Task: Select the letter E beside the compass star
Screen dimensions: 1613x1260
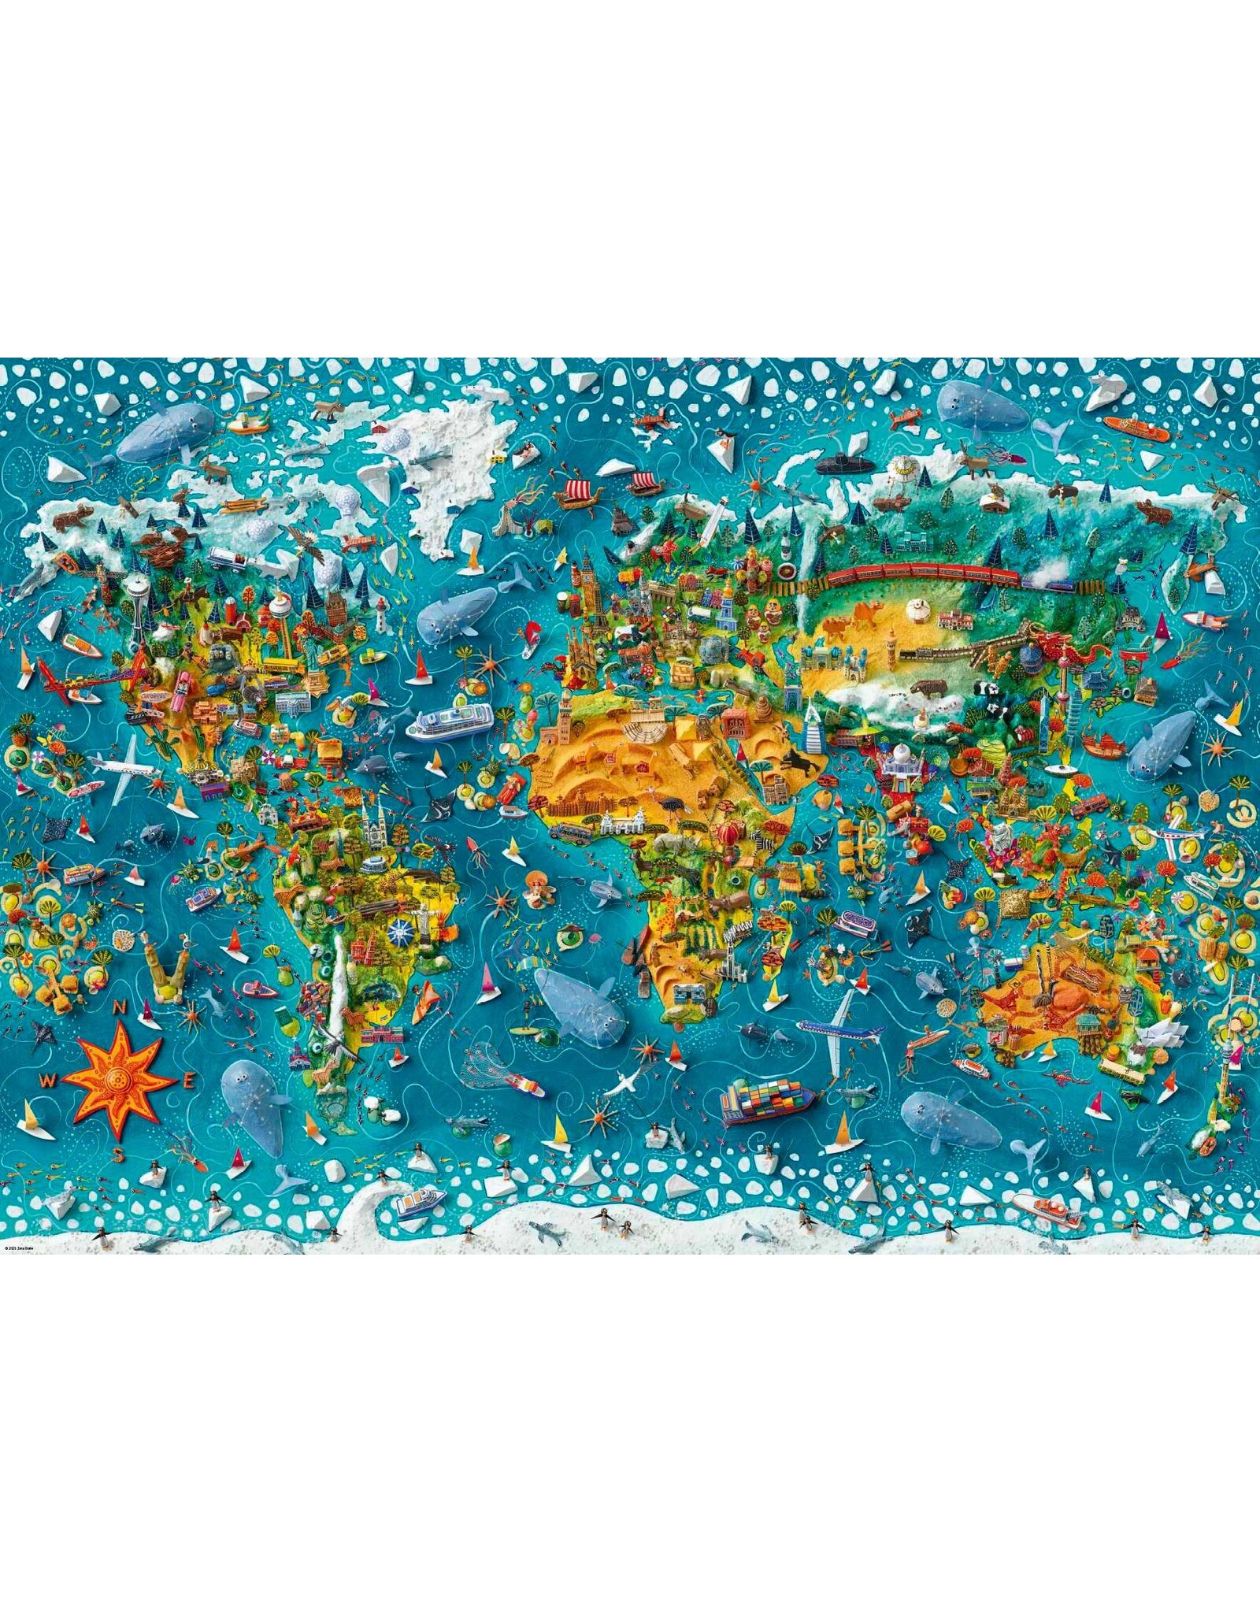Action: pyautogui.click(x=187, y=1081)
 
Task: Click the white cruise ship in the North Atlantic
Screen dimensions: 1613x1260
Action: pyautogui.click(x=450, y=720)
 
